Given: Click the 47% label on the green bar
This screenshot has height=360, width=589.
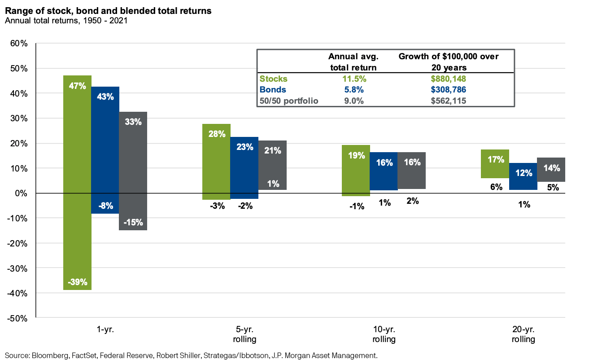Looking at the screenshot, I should pos(77,85).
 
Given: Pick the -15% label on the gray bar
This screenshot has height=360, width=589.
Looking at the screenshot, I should pos(133,222).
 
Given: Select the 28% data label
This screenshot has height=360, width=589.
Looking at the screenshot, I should pos(217,134).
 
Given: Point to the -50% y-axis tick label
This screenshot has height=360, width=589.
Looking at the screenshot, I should pos(18,318).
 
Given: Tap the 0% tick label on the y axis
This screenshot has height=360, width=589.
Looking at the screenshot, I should pos(21,193).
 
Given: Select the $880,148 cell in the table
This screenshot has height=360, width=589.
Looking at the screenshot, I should pos(449,79).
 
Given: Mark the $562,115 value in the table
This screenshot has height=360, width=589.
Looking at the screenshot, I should pos(449,101).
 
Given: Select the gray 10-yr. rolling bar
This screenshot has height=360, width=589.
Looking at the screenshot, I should pos(412,170).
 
